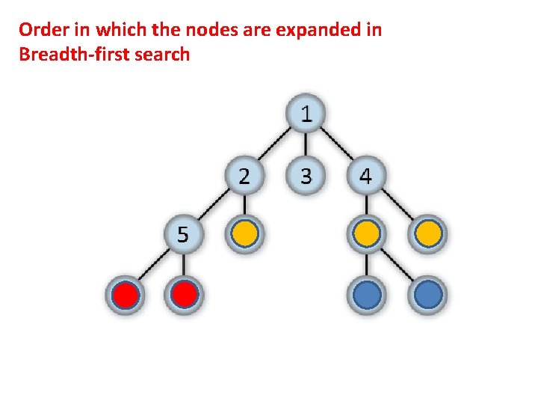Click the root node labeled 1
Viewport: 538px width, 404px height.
coord(306,114)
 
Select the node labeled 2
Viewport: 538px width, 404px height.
coord(245,177)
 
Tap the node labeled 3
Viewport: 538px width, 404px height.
coord(306,177)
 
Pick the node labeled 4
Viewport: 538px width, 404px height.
coord(365,177)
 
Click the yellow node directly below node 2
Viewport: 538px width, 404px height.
coord(245,235)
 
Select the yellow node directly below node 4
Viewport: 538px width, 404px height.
coord(365,235)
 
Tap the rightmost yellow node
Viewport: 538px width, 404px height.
coord(427,235)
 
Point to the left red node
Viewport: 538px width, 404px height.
coord(125,296)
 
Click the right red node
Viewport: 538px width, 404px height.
coord(185,296)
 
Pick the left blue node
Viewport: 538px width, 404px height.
coord(365,296)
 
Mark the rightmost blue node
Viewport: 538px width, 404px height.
coord(427,296)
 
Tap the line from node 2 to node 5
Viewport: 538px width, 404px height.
coord(214,206)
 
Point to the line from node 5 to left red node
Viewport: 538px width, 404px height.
coord(155,266)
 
